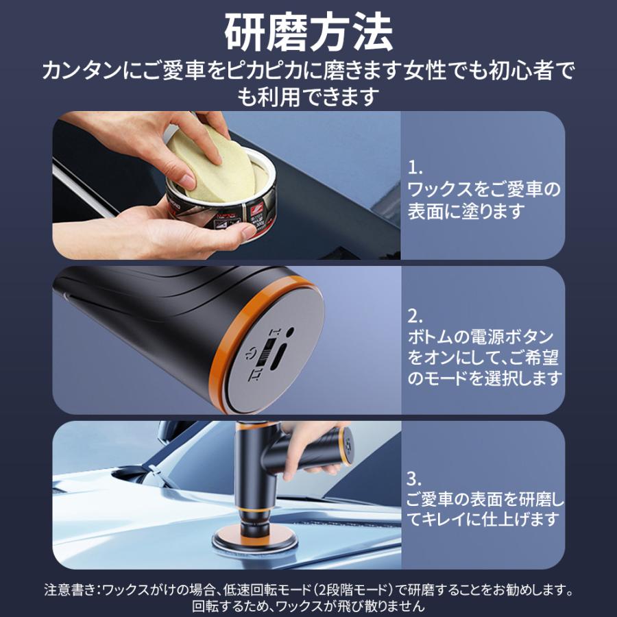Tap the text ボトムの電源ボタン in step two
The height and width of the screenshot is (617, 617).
480,337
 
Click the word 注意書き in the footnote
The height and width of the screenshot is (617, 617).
68,590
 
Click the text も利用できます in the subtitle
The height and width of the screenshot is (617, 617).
308,96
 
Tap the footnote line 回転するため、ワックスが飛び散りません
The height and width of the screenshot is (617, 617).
308,607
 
